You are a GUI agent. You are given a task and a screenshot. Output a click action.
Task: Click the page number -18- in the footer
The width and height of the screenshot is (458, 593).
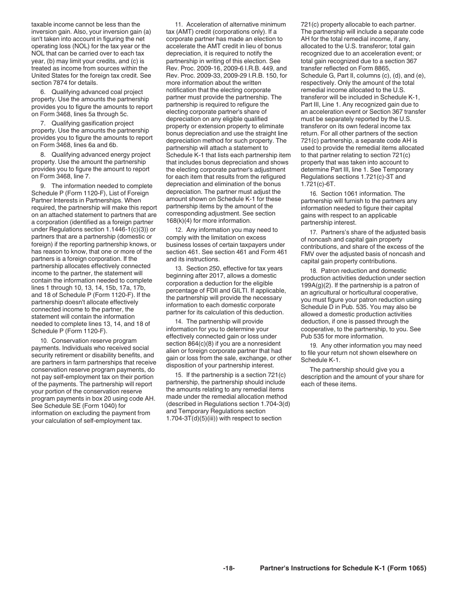coord(229,568)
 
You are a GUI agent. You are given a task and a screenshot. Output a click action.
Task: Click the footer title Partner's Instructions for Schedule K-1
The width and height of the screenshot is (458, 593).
coord(343,568)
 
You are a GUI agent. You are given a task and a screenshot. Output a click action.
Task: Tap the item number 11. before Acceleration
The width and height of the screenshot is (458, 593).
coord(179,25)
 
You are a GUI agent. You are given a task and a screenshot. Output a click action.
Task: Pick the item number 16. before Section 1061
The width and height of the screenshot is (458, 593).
coord(313,194)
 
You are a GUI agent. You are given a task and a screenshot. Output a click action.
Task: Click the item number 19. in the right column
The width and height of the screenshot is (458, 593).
coord(313,346)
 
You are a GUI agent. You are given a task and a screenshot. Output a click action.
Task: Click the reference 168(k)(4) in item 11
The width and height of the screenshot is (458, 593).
coord(182,221)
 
